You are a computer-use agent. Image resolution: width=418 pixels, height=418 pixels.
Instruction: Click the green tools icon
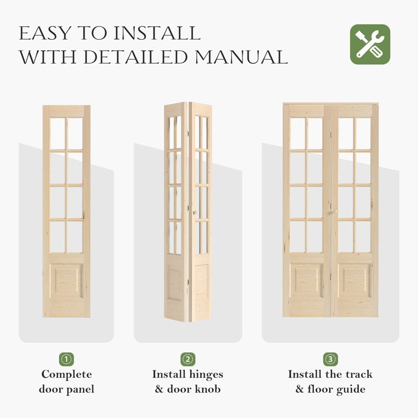370,44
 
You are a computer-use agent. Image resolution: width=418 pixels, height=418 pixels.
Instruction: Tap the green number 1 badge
66,359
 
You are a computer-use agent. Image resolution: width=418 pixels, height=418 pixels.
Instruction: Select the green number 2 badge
188,359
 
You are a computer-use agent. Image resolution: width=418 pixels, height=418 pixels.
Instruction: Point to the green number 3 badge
330,359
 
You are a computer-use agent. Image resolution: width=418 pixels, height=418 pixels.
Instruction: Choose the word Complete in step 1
66,374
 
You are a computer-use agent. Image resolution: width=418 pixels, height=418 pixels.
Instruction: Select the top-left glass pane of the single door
57,134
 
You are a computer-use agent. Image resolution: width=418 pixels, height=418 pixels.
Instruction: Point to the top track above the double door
330,103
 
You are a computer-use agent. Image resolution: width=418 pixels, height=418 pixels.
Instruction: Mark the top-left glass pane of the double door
297,133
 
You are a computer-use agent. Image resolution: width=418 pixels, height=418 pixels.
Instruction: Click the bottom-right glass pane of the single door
75,237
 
